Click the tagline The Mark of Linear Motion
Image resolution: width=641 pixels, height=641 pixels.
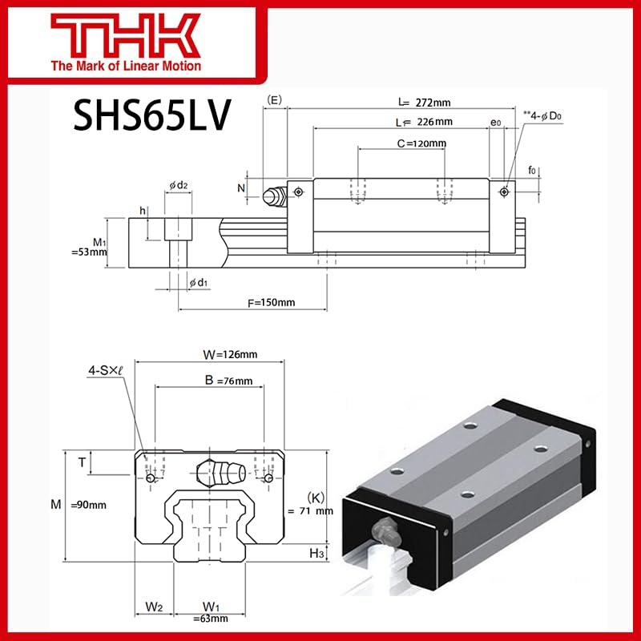[127, 66]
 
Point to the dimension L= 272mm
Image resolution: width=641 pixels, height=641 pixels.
[424, 103]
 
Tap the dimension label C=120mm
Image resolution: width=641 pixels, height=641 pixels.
[421, 143]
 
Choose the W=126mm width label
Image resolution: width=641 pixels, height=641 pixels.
[231, 355]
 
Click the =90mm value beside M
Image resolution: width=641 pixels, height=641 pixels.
[88, 505]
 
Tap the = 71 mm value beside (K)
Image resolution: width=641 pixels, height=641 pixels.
[310, 510]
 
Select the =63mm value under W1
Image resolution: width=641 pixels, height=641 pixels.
[212, 619]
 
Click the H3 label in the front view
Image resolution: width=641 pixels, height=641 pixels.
[316, 553]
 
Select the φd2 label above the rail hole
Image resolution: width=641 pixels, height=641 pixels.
[178, 186]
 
